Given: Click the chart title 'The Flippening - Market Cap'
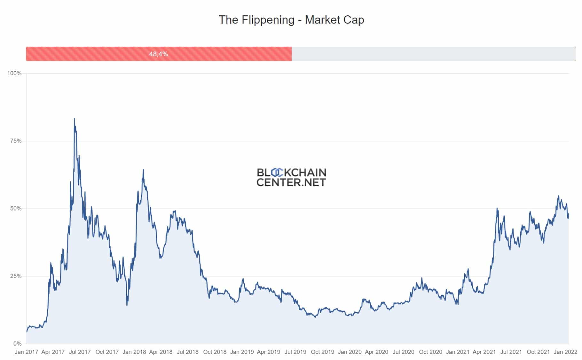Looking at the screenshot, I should coord(291,20).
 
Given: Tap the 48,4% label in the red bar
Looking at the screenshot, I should coord(158,54).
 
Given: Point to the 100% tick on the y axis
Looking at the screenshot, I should coord(14,73).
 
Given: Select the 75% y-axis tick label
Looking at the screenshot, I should coord(16,141).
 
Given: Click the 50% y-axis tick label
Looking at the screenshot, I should coord(16,208).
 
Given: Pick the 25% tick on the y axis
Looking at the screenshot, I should coord(16,276).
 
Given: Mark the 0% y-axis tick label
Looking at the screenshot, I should coord(17,344).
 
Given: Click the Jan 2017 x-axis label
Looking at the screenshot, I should coord(26,352).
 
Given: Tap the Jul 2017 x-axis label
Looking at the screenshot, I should coord(80,352).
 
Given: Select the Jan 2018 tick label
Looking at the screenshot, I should coord(134,352).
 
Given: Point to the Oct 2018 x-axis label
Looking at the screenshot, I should coord(215,352).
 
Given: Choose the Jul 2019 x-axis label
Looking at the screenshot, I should coord(295,352).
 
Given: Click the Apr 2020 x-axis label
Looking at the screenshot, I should coord(376,352).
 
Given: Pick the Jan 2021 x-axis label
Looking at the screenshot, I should coord(457,352).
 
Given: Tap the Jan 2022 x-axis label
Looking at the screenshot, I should coord(565,352).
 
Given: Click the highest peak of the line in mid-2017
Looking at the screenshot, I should coord(75,119).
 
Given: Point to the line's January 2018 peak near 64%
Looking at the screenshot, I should coord(143,170).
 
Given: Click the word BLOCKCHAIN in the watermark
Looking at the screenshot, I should coord(291,173).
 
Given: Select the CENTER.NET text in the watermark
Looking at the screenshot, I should coord(291,182).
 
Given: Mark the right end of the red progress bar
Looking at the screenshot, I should coord(291,54).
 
